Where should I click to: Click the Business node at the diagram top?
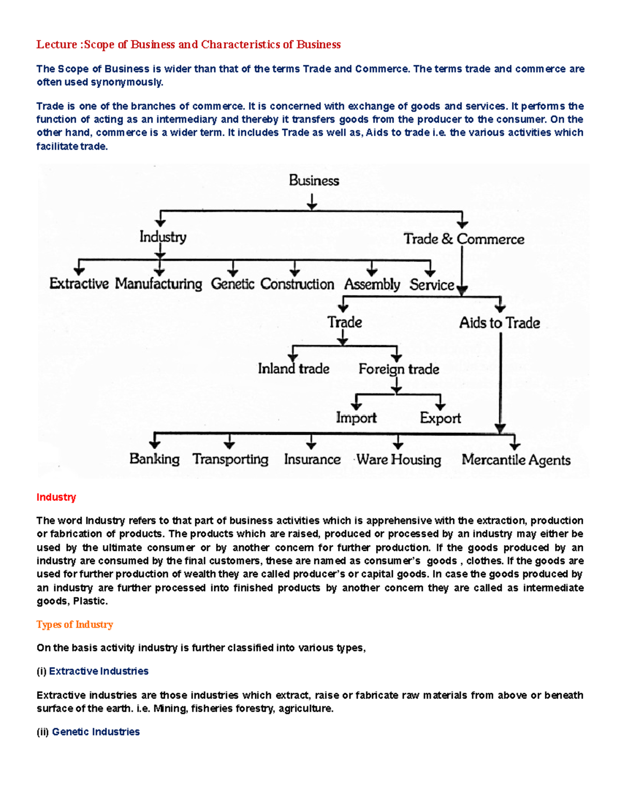pyautogui.click(x=314, y=181)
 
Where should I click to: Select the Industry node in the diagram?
pyautogui.click(x=162, y=237)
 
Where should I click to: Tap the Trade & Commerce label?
pyautogui.click(x=464, y=239)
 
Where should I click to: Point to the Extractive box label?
pyautogui.click(x=79, y=284)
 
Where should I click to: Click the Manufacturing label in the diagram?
pyautogui.click(x=158, y=284)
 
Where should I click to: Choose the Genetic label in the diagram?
pyautogui.click(x=232, y=284)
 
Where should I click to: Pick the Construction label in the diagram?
pyautogui.click(x=297, y=284)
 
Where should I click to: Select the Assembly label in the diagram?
pyautogui.click(x=372, y=285)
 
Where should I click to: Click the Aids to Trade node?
pyautogui.click(x=499, y=323)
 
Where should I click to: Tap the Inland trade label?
pyautogui.click(x=293, y=369)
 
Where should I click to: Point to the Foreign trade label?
pyautogui.click(x=398, y=369)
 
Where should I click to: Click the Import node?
pyautogui.click(x=356, y=418)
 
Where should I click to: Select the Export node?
pyautogui.click(x=440, y=418)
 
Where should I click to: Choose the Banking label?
pyautogui.click(x=154, y=459)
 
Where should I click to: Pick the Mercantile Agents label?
pyautogui.click(x=516, y=460)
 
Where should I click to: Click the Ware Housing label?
pyautogui.click(x=398, y=460)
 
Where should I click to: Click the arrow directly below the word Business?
pyautogui.click(x=312, y=202)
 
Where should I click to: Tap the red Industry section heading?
pyautogui.click(x=56, y=498)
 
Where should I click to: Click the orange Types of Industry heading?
pyautogui.click(x=75, y=625)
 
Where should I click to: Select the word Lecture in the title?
pyautogui.click(x=56, y=45)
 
